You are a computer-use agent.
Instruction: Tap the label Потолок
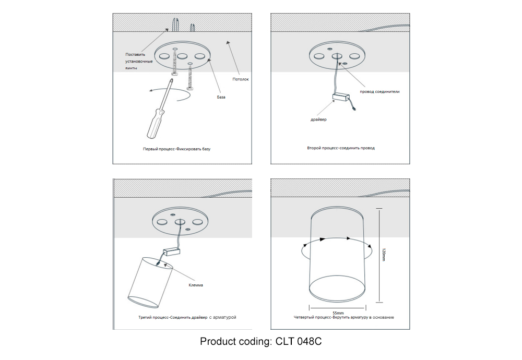(241, 79)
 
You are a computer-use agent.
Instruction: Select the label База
(221, 98)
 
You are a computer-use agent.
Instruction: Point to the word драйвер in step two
(318, 119)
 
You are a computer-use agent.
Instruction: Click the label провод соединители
(379, 91)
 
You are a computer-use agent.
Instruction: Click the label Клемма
(196, 285)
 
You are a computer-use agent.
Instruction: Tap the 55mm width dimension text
(338, 312)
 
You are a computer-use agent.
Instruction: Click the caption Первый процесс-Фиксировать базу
(176, 149)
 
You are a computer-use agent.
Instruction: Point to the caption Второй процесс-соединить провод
(341, 148)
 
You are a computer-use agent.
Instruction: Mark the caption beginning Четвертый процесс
(343, 317)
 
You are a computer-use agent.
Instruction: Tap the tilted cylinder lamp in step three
(150, 282)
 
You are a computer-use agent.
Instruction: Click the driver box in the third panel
(171, 251)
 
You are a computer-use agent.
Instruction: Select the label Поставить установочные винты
(138, 61)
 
